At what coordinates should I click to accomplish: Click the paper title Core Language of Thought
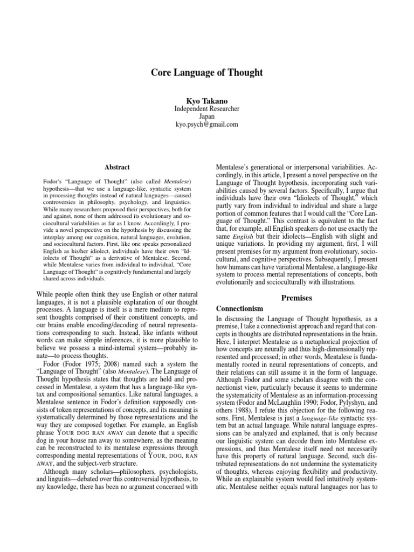pos(206,73)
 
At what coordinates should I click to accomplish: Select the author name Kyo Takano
pos(206,100)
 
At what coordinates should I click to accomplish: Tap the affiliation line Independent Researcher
pos(206,109)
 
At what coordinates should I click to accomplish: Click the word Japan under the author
pos(206,116)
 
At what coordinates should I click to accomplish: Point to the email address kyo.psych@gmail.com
pos(206,125)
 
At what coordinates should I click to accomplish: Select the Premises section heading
pos(297,297)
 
